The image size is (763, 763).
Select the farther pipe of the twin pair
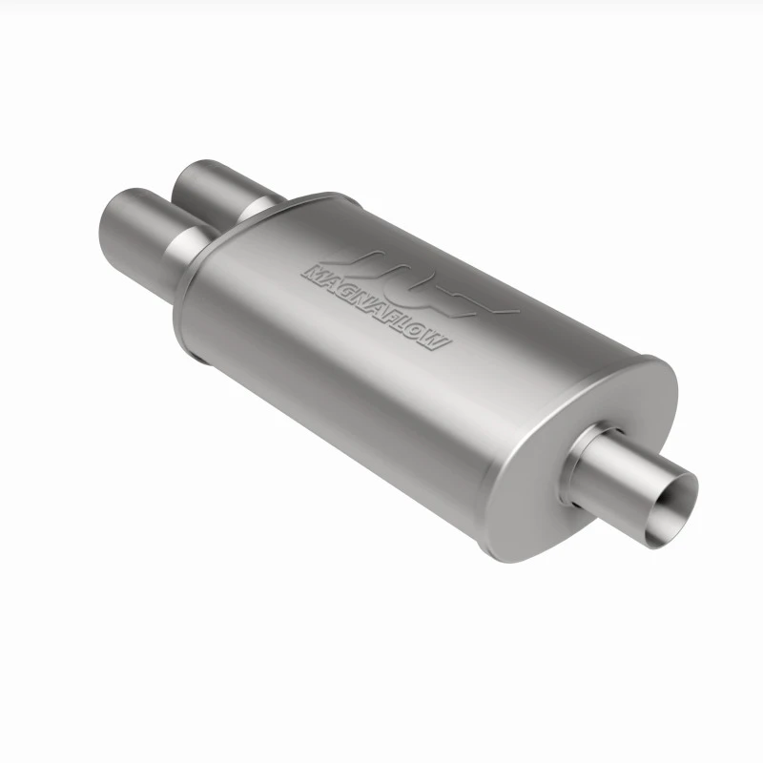214,190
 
